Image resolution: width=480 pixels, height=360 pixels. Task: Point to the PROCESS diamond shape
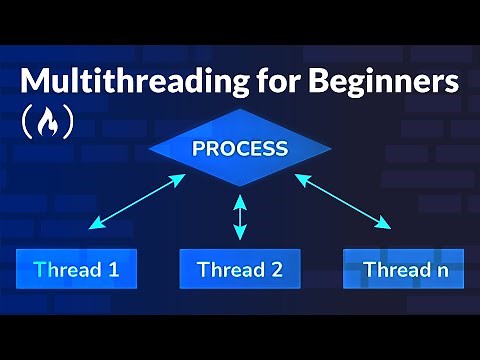(x=240, y=150)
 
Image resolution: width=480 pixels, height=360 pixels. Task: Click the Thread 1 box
(x=76, y=269)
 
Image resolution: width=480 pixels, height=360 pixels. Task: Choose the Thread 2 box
(x=240, y=269)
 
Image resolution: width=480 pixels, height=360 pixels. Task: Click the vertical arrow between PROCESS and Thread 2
(x=239, y=218)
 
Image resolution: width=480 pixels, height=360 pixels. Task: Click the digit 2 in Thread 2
(x=276, y=269)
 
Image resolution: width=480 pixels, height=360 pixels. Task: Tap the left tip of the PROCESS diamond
(x=149, y=150)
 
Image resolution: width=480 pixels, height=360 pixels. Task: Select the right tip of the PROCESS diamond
(x=331, y=150)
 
